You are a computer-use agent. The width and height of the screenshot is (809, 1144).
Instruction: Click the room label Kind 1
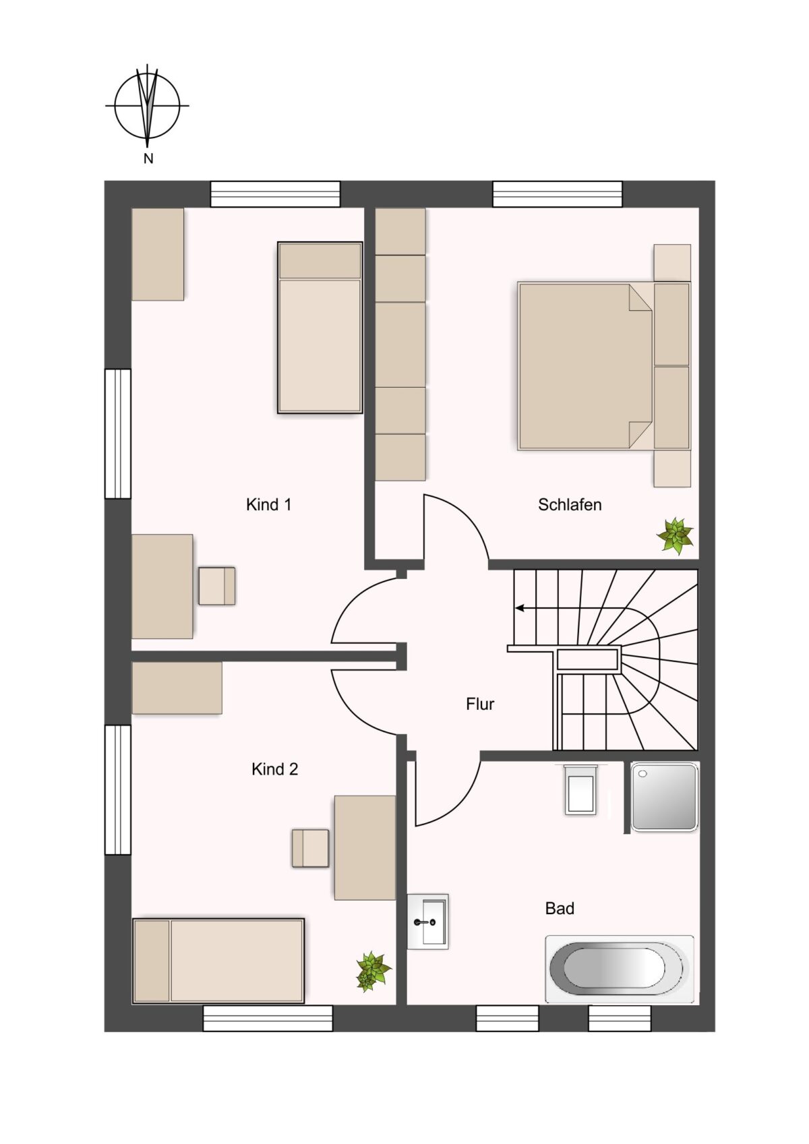(x=268, y=504)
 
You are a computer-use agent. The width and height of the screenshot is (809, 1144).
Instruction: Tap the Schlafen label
(x=570, y=504)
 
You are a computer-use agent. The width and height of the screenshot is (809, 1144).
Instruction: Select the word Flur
(x=480, y=704)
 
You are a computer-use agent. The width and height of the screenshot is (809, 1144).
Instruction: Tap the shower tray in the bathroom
(x=664, y=797)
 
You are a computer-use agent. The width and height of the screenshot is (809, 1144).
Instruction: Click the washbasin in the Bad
(x=428, y=922)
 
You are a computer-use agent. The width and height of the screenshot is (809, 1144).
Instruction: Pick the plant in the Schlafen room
(x=676, y=535)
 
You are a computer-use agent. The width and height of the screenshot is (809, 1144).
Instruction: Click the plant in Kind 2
(x=373, y=971)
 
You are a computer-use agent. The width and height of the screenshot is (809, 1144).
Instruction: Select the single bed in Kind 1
(x=320, y=328)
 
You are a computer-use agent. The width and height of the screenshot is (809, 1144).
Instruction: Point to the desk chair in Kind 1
(x=217, y=586)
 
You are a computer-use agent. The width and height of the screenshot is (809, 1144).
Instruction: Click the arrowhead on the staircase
(x=519, y=608)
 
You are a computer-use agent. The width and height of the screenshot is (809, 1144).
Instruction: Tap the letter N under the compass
(x=148, y=159)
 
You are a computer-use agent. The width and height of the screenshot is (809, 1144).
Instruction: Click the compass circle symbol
(x=147, y=106)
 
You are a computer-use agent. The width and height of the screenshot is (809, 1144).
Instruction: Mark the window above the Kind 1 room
(x=276, y=194)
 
